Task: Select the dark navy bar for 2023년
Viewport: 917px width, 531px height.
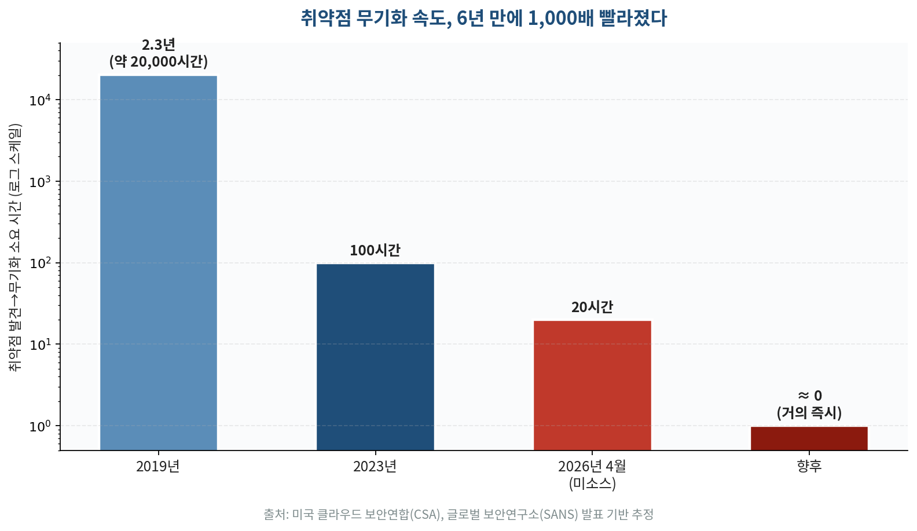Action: pos(375,357)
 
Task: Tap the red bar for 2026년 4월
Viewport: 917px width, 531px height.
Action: pos(592,385)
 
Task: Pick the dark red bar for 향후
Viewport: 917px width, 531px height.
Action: pos(809,438)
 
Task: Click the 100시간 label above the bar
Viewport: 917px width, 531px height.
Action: pos(375,251)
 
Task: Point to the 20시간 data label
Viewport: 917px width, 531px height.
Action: pos(592,307)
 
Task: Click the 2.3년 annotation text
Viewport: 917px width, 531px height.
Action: pos(158,45)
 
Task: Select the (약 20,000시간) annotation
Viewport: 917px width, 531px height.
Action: pos(158,61)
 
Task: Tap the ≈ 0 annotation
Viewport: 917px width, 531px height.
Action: pos(809,396)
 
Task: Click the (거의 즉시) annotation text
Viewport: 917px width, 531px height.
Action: pos(809,413)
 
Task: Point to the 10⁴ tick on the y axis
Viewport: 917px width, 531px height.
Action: pos(40,100)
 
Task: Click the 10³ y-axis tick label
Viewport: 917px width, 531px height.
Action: pos(40,182)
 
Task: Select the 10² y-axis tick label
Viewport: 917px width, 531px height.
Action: pos(40,263)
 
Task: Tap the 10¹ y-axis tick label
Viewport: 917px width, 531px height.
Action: pos(40,345)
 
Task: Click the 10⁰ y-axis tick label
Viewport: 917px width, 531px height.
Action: pos(40,426)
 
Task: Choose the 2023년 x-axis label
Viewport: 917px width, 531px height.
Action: pos(375,466)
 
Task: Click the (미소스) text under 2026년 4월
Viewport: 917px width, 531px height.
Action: pos(592,484)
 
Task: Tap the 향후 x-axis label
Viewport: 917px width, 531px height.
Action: pos(809,466)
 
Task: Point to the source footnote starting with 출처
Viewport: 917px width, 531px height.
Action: pos(458,514)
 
